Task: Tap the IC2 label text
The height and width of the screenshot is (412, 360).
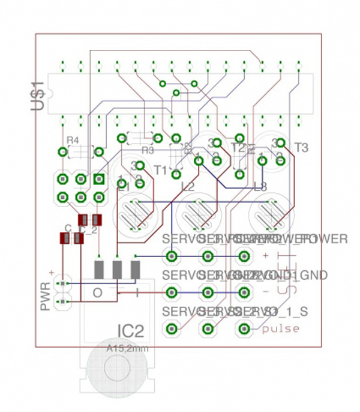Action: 131,331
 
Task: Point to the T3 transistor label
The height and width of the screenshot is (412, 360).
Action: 301,147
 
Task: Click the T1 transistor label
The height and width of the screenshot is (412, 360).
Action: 160,170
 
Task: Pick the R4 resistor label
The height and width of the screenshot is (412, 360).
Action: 73,140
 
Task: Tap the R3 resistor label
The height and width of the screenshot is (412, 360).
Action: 148,150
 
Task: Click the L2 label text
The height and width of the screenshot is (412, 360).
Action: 187,186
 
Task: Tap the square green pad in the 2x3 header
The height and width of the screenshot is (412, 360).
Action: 98,179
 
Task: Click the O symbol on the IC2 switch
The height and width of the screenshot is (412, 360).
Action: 98,292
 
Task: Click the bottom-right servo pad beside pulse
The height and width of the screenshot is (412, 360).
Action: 244,329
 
